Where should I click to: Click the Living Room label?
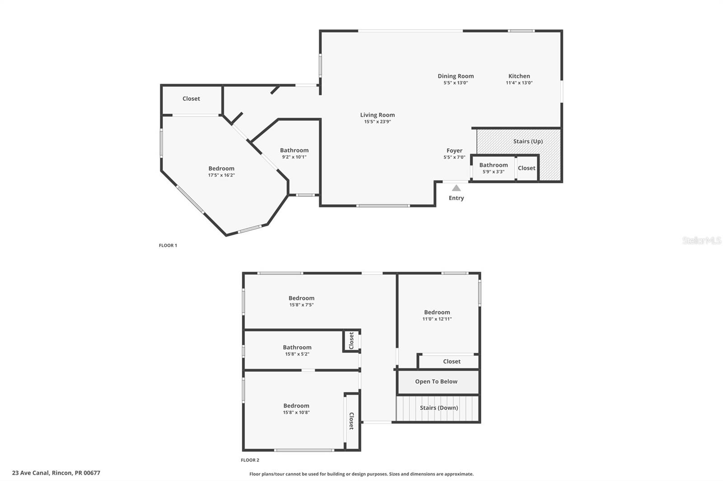(377, 115)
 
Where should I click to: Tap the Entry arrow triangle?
(456, 188)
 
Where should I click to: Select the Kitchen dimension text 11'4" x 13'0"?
(519, 83)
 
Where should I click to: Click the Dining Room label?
(455, 76)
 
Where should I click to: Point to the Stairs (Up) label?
(528, 141)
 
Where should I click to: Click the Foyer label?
(454, 151)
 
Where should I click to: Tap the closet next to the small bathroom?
(526, 168)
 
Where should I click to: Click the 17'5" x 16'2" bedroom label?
(221, 169)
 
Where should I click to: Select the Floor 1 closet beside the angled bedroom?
(191, 99)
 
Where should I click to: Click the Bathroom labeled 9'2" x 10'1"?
(294, 151)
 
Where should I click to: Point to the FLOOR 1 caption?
(168, 245)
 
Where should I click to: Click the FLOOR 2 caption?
(250, 460)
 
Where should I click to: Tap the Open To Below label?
(436, 382)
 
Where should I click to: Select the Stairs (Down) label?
(438, 408)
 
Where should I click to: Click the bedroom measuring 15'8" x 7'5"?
(301, 298)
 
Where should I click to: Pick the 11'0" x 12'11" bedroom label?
(437, 312)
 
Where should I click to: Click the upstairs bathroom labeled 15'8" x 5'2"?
(297, 347)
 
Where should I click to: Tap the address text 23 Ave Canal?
(56, 473)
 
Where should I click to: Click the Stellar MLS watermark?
(701, 240)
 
